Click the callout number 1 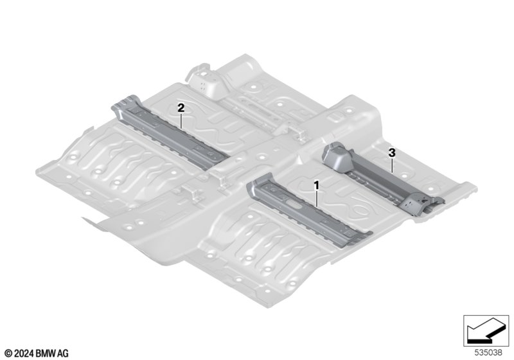(x=316, y=185)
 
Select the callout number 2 (x=181, y=107)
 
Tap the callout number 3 (x=392, y=152)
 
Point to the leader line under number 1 (x=317, y=199)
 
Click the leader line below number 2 (x=181, y=120)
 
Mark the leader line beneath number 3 (x=392, y=165)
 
